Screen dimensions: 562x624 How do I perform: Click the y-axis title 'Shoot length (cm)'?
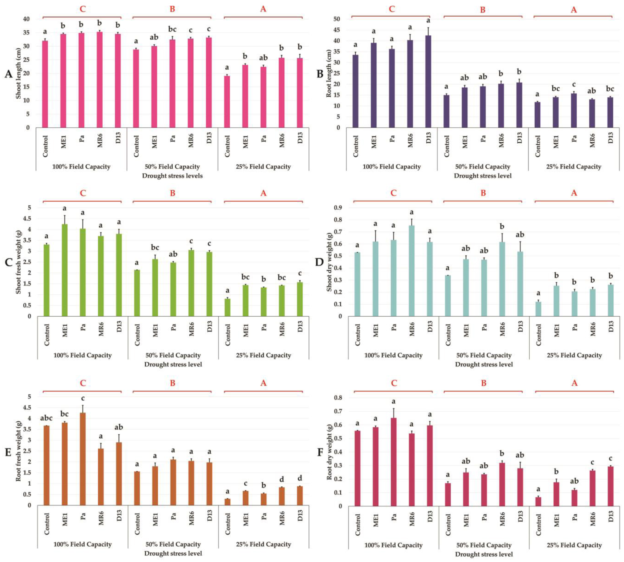(18, 74)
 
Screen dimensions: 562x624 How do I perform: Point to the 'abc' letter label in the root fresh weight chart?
(46, 418)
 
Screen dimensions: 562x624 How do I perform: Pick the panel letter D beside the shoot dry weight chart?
(319, 262)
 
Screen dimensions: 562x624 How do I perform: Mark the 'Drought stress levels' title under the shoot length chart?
(172, 176)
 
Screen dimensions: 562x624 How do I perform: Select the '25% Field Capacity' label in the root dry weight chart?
(574, 545)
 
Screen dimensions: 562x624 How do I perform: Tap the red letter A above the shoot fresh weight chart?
(263, 193)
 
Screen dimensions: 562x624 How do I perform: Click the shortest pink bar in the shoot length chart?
(227, 102)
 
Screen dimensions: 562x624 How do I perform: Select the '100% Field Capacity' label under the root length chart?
(391, 167)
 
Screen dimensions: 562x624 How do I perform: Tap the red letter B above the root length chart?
(483, 10)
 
